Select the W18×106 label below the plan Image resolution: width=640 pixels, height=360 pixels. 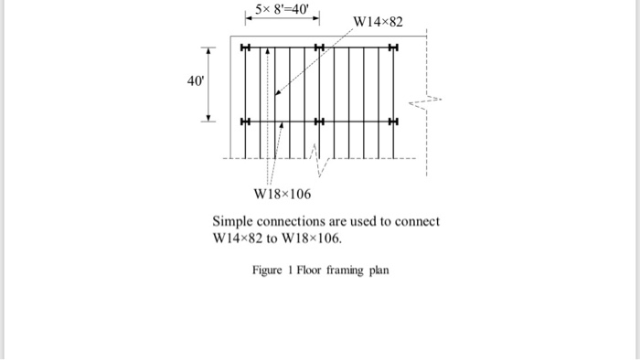click(283, 194)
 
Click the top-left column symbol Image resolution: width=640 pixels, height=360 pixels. click(245, 47)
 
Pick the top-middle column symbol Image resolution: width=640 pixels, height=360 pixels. click(318, 47)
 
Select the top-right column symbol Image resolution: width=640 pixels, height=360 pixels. click(392, 47)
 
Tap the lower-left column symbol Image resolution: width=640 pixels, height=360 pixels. click(245, 122)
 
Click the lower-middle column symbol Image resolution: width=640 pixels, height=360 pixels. click(318, 122)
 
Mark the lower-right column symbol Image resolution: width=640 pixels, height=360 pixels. click(392, 122)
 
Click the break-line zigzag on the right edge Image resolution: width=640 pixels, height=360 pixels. click(427, 101)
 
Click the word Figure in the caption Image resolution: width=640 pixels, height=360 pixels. click(268, 270)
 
